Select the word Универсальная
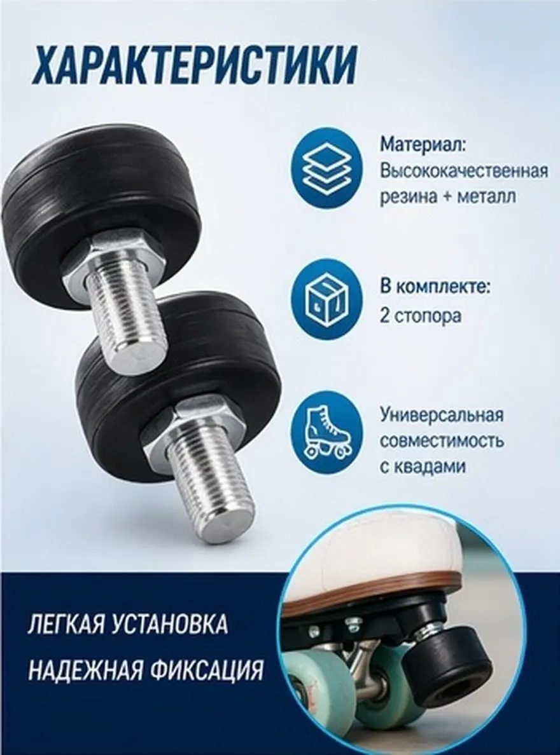[442, 414]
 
